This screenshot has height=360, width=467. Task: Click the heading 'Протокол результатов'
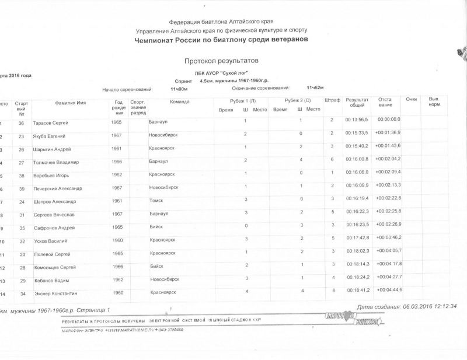click(x=221, y=61)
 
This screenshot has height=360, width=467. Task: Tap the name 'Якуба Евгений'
click(x=49, y=136)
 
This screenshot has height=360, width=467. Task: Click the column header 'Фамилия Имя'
click(x=71, y=103)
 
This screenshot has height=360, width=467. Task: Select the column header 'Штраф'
click(x=332, y=101)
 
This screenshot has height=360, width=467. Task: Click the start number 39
click(x=22, y=188)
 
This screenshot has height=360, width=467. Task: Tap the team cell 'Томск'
click(x=156, y=200)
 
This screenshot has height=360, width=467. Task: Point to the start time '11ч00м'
click(x=178, y=89)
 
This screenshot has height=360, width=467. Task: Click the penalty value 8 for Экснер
click(x=332, y=290)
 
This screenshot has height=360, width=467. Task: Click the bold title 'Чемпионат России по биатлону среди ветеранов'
click(x=222, y=40)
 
